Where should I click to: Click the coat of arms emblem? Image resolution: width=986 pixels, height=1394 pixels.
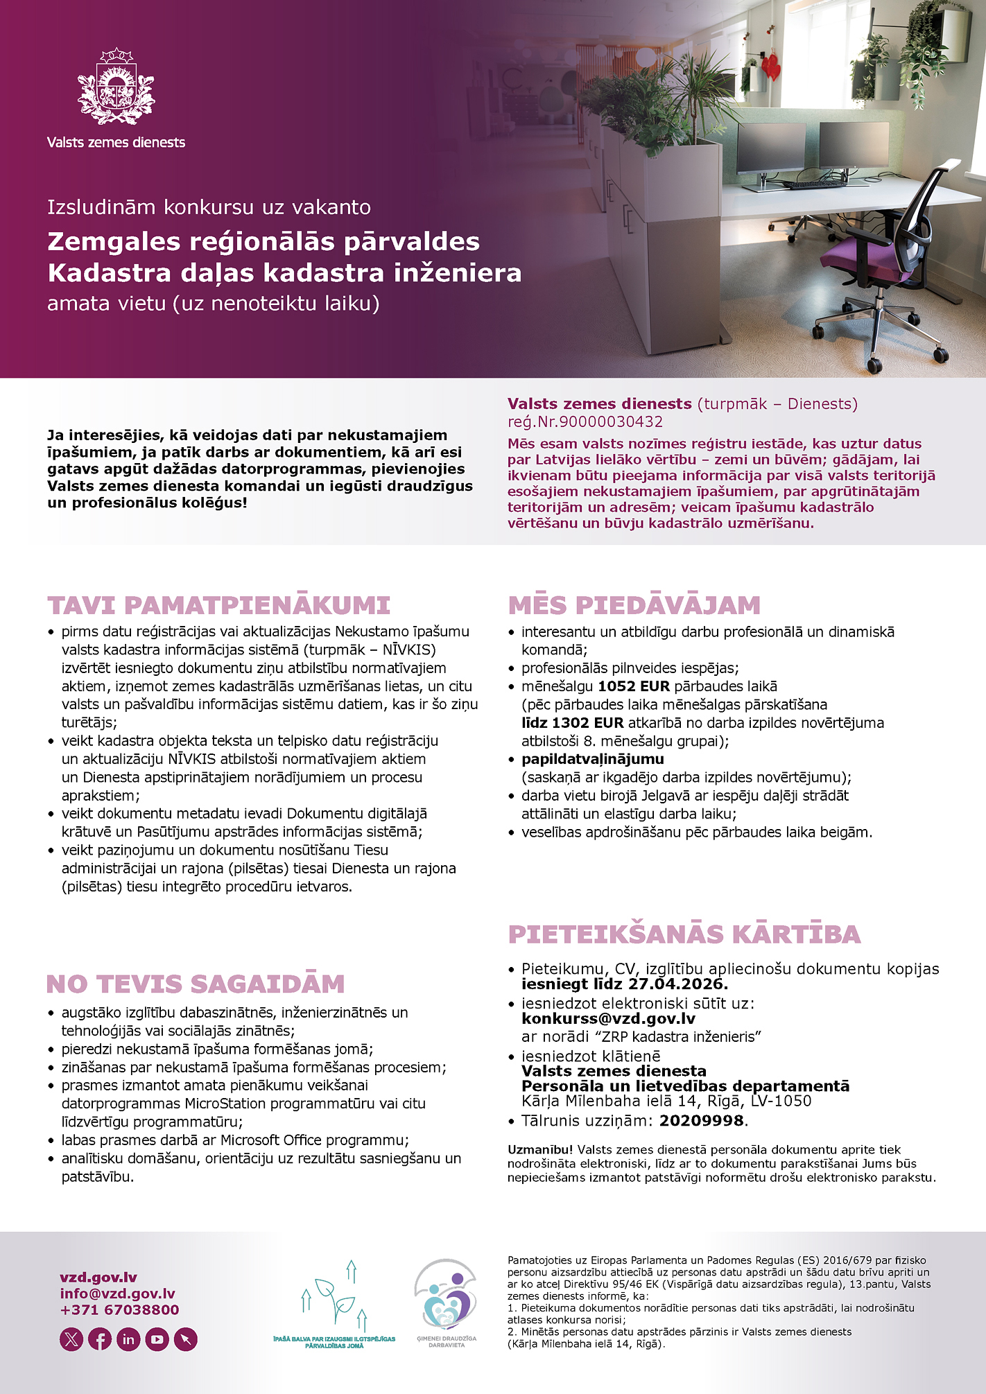(x=116, y=87)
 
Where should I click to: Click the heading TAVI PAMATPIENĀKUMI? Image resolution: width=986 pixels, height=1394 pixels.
(x=218, y=605)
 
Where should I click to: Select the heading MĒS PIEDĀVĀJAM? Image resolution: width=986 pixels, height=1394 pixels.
(x=634, y=605)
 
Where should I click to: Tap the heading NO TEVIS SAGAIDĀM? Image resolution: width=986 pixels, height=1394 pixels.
(x=196, y=984)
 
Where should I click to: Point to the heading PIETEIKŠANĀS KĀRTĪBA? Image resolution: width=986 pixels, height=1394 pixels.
(x=684, y=934)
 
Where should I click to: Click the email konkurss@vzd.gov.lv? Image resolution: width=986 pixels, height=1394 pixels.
(x=608, y=1018)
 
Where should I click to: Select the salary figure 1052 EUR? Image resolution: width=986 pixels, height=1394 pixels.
(x=634, y=686)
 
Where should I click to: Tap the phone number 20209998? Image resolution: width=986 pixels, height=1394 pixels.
(x=701, y=1120)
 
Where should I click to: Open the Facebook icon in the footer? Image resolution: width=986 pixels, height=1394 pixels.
(x=100, y=1339)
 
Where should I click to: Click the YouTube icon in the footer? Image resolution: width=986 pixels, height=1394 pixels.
(x=157, y=1339)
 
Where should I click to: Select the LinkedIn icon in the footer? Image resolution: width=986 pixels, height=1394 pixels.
(x=128, y=1339)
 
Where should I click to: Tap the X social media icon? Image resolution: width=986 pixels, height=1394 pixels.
(x=71, y=1339)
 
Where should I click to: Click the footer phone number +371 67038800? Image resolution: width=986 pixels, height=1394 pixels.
(x=119, y=1309)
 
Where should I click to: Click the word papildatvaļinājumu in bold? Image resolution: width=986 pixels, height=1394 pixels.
(x=593, y=759)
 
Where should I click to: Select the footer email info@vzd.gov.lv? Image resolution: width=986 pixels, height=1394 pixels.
(x=117, y=1293)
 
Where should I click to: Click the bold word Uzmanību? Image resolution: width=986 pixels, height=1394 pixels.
(x=540, y=1149)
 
